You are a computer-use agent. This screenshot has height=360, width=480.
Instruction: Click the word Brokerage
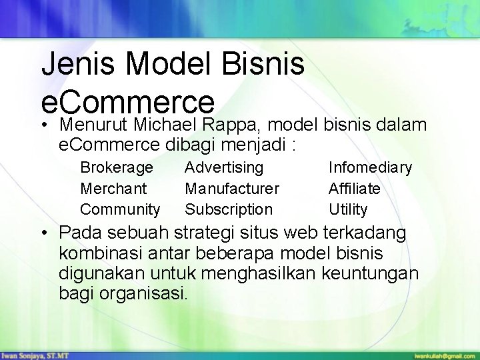116,167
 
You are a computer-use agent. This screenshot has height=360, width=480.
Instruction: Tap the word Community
120,209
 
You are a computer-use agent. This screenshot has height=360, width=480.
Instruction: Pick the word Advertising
224,167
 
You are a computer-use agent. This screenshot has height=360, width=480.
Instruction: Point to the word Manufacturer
232,189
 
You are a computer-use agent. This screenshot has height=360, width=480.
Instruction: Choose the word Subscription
229,209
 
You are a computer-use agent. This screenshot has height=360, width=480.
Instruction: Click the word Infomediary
370,167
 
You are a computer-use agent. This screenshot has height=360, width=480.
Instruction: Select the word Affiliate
355,189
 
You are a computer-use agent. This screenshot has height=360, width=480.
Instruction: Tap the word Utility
348,209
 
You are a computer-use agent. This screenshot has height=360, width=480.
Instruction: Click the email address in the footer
441,355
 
